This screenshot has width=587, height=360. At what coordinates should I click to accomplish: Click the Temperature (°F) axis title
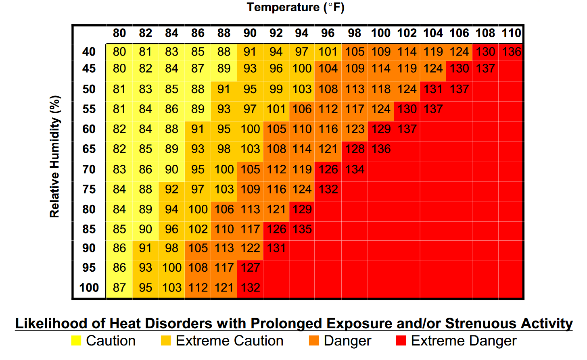[295, 7]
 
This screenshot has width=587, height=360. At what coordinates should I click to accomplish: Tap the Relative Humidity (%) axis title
[55, 156]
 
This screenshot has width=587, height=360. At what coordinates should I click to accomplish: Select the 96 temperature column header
[328, 33]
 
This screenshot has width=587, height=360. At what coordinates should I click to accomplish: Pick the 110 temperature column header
[511, 33]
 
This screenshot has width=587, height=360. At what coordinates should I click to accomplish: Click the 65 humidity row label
[89, 149]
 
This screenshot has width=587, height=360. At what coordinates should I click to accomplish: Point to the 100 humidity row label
[89, 288]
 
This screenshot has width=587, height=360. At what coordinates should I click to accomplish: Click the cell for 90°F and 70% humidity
[250, 169]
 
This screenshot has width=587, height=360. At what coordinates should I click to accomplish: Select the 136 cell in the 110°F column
[511, 52]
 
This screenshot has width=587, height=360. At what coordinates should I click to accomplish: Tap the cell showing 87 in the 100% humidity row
[119, 288]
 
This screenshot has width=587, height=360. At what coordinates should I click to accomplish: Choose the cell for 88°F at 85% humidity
[224, 229]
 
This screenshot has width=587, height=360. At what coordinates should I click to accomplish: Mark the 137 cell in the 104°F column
[433, 109]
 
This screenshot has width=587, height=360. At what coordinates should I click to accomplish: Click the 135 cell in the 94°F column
[302, 229]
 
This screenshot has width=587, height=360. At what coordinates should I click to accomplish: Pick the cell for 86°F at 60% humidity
[198, 129]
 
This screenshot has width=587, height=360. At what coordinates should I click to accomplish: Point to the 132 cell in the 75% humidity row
[328, 189]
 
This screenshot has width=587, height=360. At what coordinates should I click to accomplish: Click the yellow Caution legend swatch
[76, 341]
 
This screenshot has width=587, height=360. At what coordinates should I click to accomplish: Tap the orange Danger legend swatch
[314, 341]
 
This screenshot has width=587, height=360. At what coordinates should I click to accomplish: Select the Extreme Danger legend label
[464, 341]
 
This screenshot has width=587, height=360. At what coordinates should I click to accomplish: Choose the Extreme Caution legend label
[230, 341]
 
